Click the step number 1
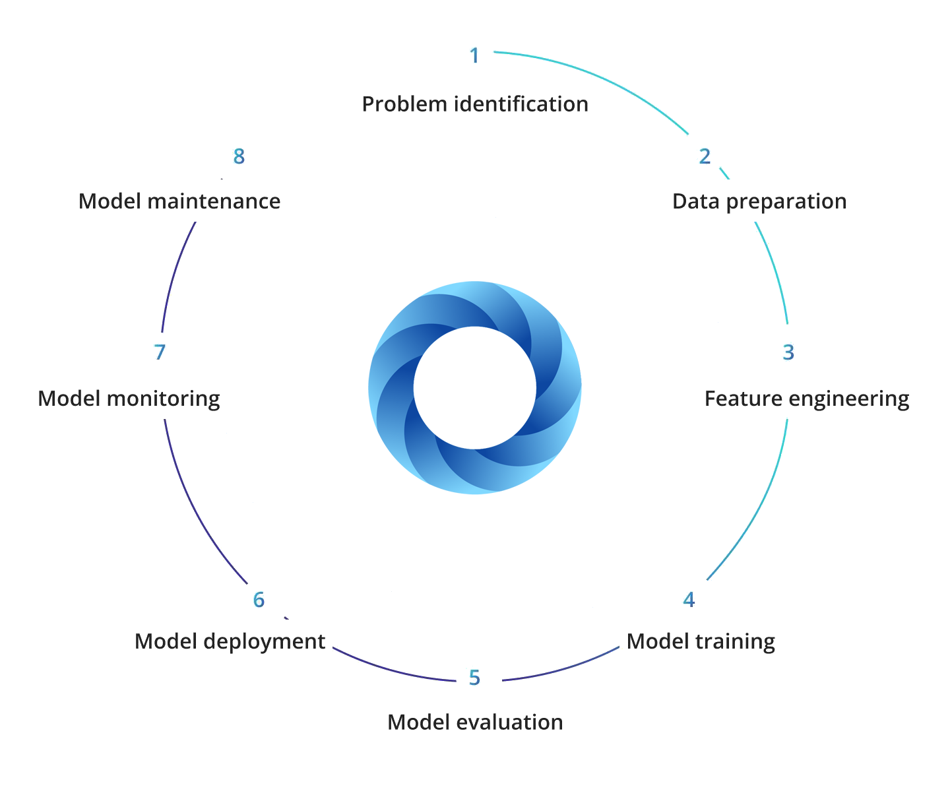(474, 55)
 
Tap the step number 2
(705, 156)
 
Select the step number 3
(788, 352)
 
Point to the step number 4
(689, 600)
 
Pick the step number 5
(474, 678)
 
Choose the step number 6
(259, 600)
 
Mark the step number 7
(160, 352)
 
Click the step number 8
(239, 156)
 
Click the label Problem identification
(475, 104)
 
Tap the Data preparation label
(759, 201)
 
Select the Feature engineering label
(807, 399)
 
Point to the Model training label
(701, 641)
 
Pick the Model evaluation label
(475, 722)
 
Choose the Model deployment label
(230, 641)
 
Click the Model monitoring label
(129, 399)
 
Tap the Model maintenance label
(179, 201)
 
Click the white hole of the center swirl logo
(475, 387)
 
